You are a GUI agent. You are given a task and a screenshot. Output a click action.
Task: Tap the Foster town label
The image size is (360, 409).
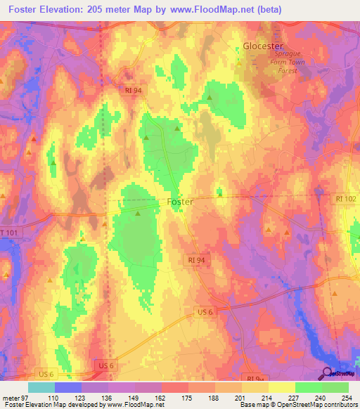click(x=180, y=202)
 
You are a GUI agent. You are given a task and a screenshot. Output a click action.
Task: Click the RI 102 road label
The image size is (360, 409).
click(x=346, y=199)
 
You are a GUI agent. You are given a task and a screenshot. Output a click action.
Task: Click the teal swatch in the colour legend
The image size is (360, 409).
click(x=41, y=387)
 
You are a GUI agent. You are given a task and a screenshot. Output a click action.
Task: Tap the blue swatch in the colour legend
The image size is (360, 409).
click(x=68, y=387)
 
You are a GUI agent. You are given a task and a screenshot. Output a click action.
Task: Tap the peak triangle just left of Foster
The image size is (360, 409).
click(x=138, y=213)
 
